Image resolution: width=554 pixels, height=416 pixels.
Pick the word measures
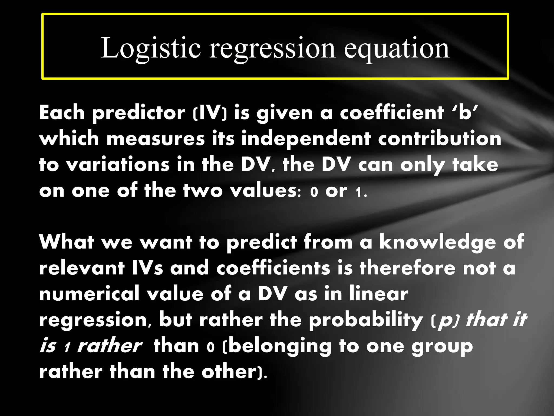click(x=156, y=139)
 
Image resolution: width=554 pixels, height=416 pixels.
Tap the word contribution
click(x=439, y=139)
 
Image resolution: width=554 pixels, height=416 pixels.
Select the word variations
click(x=118, y=165)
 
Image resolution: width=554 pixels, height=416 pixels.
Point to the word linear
click(x=378, y=294)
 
